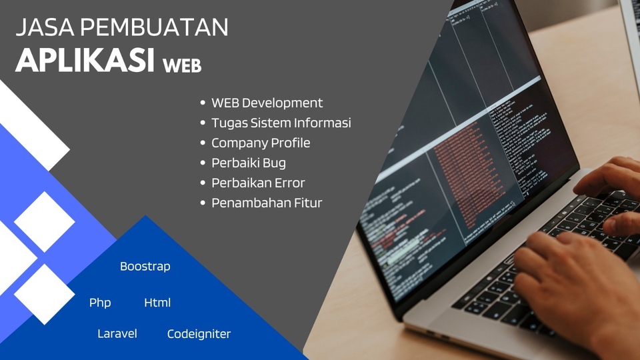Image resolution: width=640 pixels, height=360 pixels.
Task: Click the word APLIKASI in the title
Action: pos(85,61)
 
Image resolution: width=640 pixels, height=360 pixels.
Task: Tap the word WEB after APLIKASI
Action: pos(181,66)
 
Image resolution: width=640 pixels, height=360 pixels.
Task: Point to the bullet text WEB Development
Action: pos(267,103)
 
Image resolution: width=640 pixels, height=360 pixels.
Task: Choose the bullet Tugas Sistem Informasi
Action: pos(281,123)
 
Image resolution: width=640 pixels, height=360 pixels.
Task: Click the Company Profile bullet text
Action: pos(261,143)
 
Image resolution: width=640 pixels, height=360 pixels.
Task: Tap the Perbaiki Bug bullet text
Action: pos(248,163)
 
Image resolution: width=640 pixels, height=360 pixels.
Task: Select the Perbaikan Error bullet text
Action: pos(258,183)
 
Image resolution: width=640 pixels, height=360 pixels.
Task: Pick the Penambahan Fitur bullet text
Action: pos(267,203)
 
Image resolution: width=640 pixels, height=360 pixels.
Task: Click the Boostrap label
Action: pos(145,266)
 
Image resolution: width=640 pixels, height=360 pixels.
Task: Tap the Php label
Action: pos(100,303)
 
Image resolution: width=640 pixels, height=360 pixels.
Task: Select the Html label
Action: pos(157,303)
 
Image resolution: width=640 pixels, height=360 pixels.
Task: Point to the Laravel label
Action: pos(117,333)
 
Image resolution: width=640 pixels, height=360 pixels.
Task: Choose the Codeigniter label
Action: pos(199,334)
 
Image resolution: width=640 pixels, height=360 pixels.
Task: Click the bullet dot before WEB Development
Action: pos(203,103)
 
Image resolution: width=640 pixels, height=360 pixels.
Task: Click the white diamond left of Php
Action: pos(44,294)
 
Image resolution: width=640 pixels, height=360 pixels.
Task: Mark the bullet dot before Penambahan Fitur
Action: pos(203,203)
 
